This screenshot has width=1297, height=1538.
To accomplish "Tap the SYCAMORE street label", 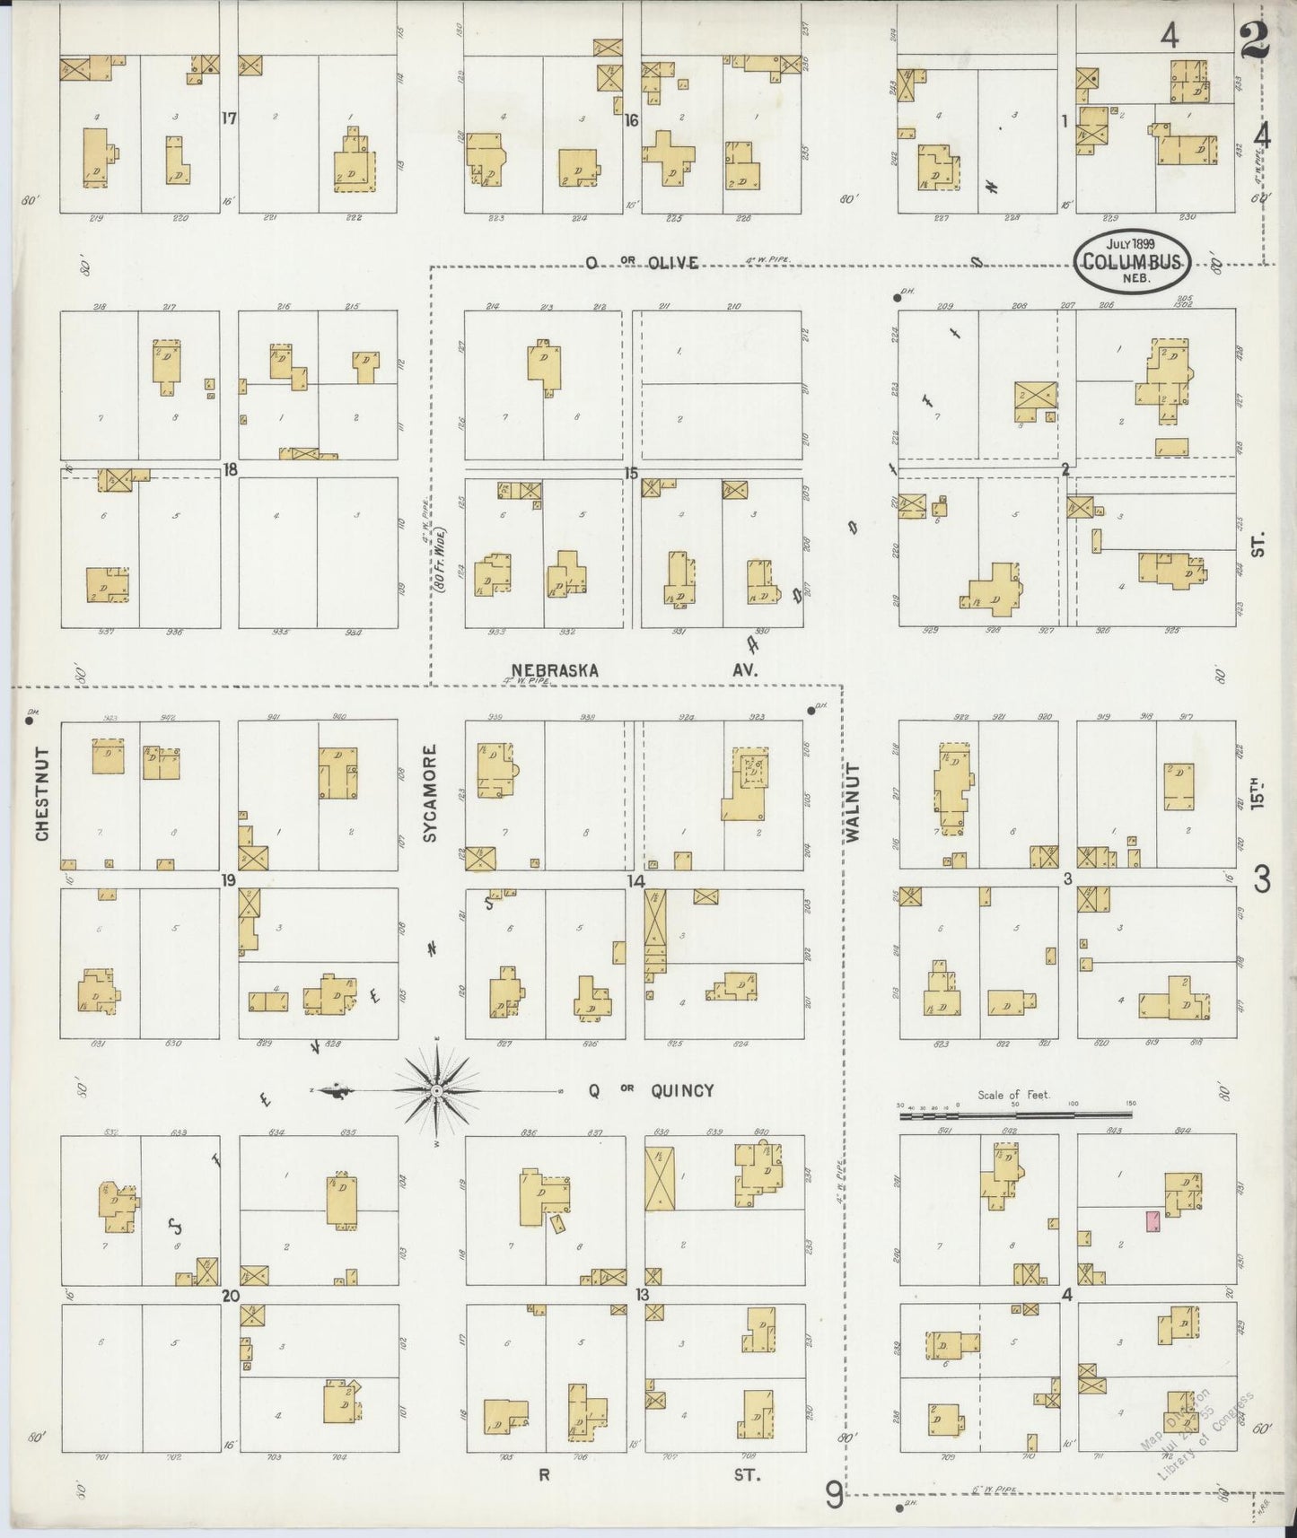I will coord(430,793).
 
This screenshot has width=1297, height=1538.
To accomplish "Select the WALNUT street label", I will coord(852,802).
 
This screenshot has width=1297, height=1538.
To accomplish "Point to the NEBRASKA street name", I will coord(555,670).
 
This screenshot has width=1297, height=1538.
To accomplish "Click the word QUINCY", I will coord(682,1090).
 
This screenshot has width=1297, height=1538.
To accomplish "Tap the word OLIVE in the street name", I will coord(668,262).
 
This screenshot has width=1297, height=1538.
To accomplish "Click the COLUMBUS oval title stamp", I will coord(1134,261).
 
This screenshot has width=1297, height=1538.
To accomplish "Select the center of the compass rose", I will coord(435,1090).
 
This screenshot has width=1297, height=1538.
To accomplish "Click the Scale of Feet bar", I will coord(1015,1114).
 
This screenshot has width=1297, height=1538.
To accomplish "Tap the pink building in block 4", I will coord(1152,1221).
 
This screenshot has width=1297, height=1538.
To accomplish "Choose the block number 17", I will coord(229,118).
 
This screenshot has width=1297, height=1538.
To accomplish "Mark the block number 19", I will coord(229,880).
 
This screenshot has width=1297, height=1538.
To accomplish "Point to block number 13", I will coord(642,1294).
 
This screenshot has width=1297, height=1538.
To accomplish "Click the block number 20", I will coord(231,1295).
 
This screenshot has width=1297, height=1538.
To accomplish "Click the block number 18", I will coord(231,468).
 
